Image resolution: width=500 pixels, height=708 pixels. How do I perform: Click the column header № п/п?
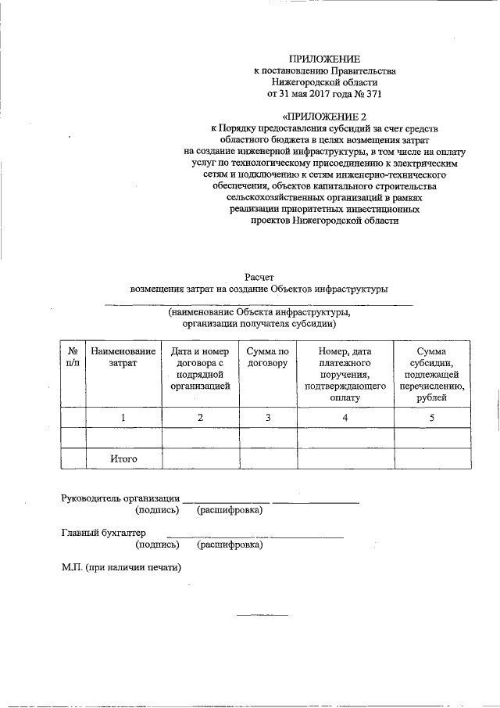click(73, 358)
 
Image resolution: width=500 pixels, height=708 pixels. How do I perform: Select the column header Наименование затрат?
click(123, 358)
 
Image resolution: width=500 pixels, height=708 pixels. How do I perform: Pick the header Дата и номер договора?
click(199, 369)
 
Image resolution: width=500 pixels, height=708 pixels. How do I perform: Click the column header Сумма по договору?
click(267, 358)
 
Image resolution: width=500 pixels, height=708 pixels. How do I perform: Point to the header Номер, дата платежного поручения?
click(344, 375)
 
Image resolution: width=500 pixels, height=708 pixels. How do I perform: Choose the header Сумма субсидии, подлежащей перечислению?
click(431, 375)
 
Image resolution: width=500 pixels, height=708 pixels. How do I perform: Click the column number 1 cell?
click(123, 418)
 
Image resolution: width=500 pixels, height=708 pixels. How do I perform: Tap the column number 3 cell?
click(267, 418)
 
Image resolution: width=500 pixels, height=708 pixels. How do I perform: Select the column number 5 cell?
click(431, 418)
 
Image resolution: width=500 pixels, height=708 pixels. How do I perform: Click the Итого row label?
click(123, 458)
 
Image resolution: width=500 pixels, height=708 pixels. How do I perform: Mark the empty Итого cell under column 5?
click(431, 458)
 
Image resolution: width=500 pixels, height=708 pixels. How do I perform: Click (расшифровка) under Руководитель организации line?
click(230, 510)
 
